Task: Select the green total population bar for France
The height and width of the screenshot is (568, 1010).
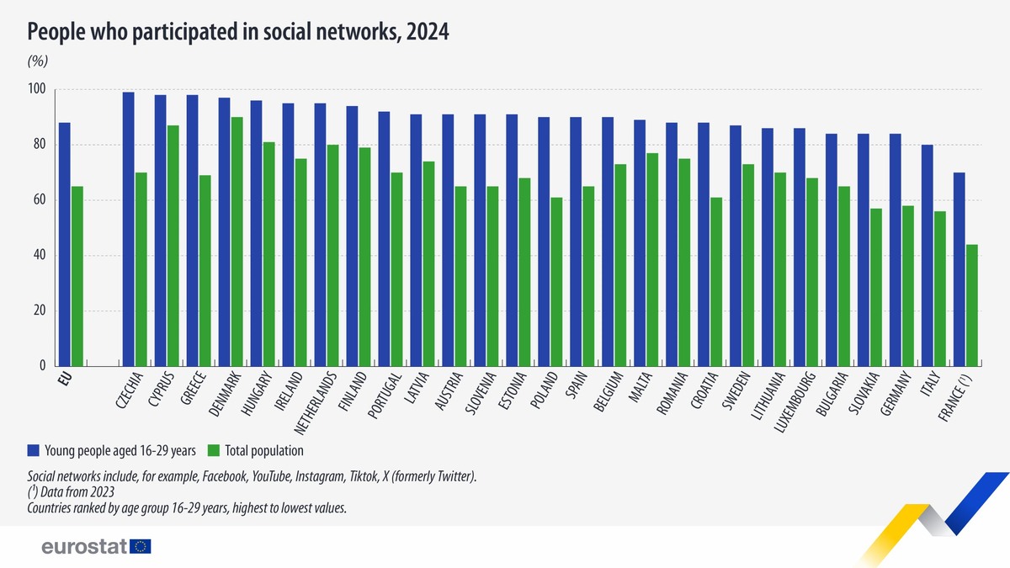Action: tap(970, 305)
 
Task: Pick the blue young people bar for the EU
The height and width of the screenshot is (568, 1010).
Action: tap(64, 244)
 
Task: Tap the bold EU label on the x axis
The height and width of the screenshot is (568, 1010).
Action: tap(65, 378)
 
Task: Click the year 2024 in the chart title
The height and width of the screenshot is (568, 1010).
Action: tap(427, 32)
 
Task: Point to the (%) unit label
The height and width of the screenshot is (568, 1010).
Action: tap(38, 61)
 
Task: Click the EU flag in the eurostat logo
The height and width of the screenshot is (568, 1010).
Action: tap(141, 547)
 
